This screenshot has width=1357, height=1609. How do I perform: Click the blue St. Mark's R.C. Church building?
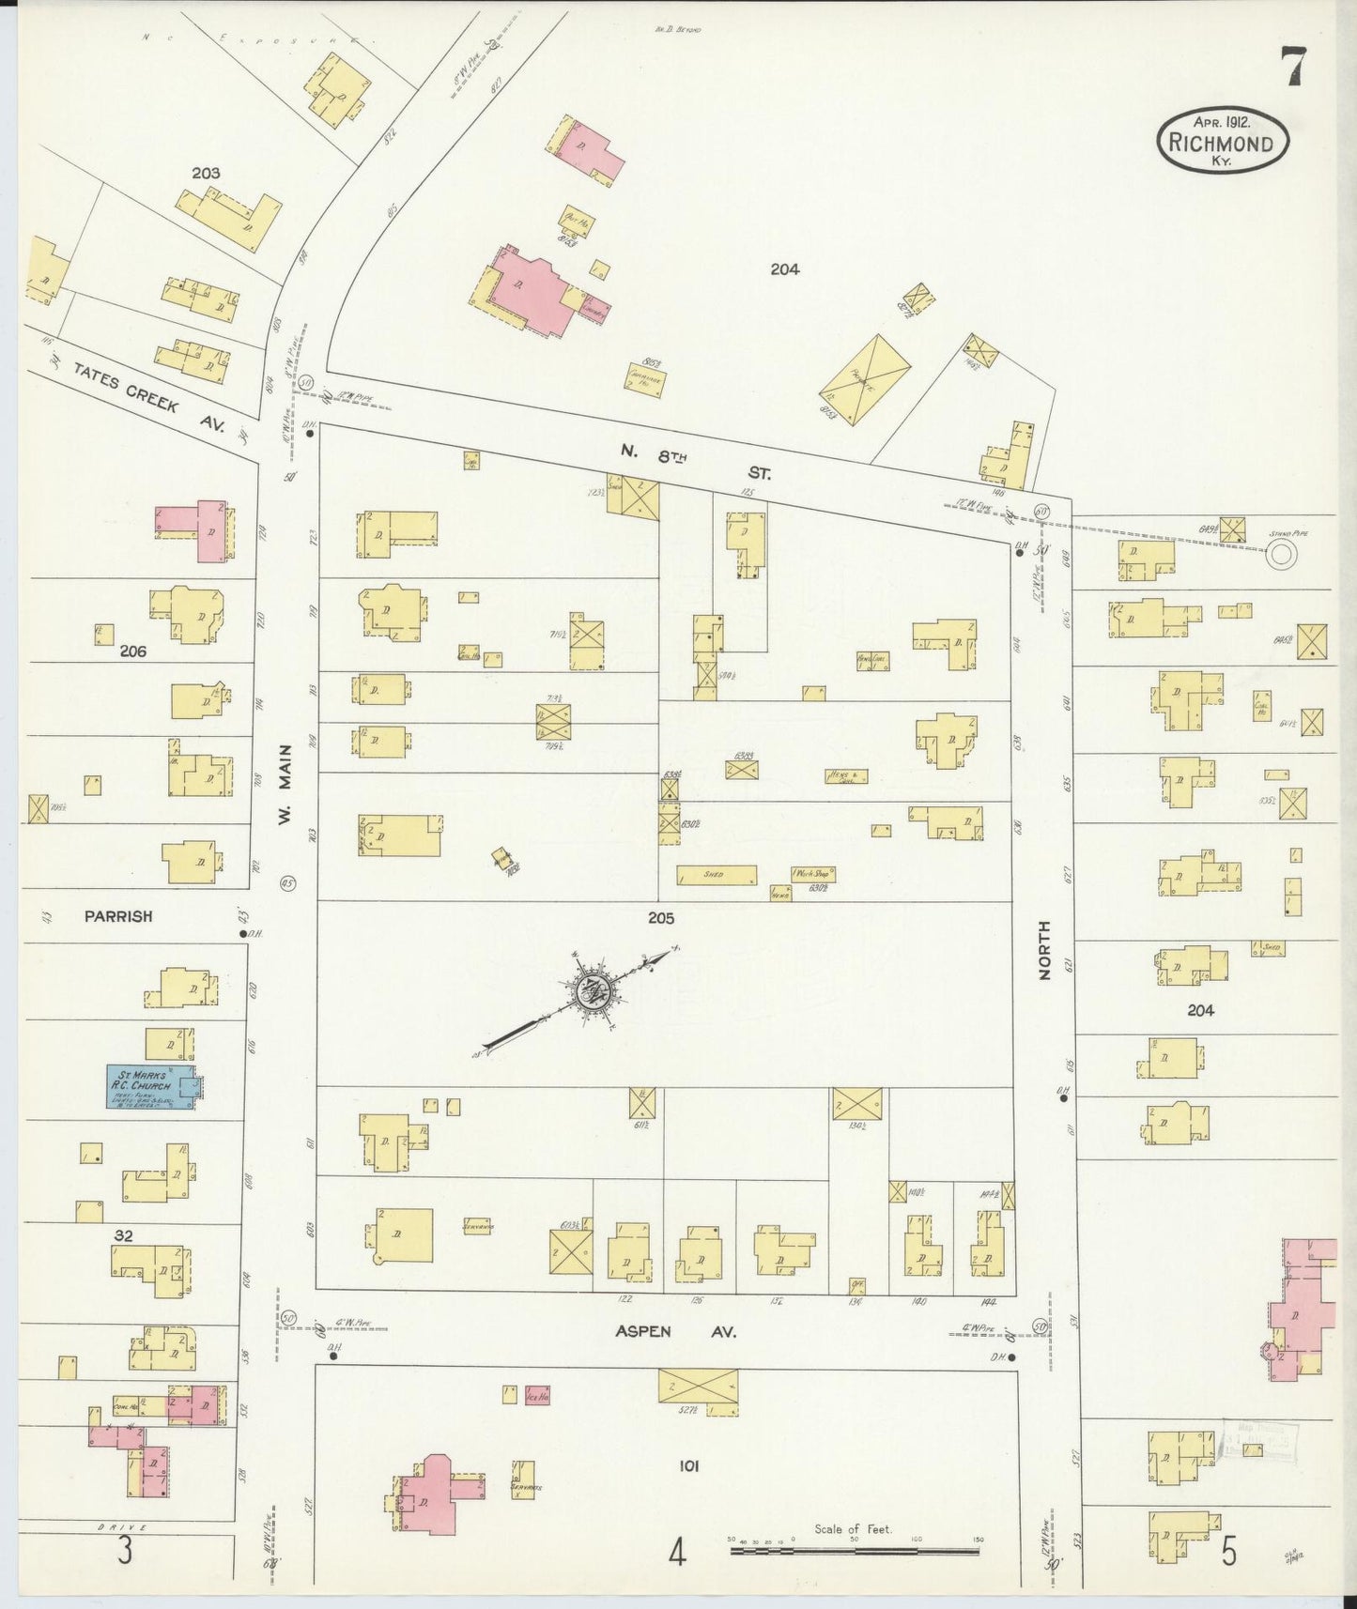[150, 1087]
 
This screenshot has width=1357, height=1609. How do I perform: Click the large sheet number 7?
[1296, 69]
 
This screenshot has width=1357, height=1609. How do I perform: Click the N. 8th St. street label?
[695, 463]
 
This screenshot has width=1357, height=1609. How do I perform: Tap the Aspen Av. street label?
[675, 1331]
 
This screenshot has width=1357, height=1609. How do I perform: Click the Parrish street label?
[117, 916]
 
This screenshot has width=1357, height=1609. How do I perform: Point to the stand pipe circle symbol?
[1279, 556]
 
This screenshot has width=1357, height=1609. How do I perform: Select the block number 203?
[206, 173]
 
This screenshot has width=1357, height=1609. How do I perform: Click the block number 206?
[132, 650]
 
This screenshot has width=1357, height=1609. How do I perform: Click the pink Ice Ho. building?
[537, 1395]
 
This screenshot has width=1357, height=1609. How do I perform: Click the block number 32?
[123, 1236]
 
